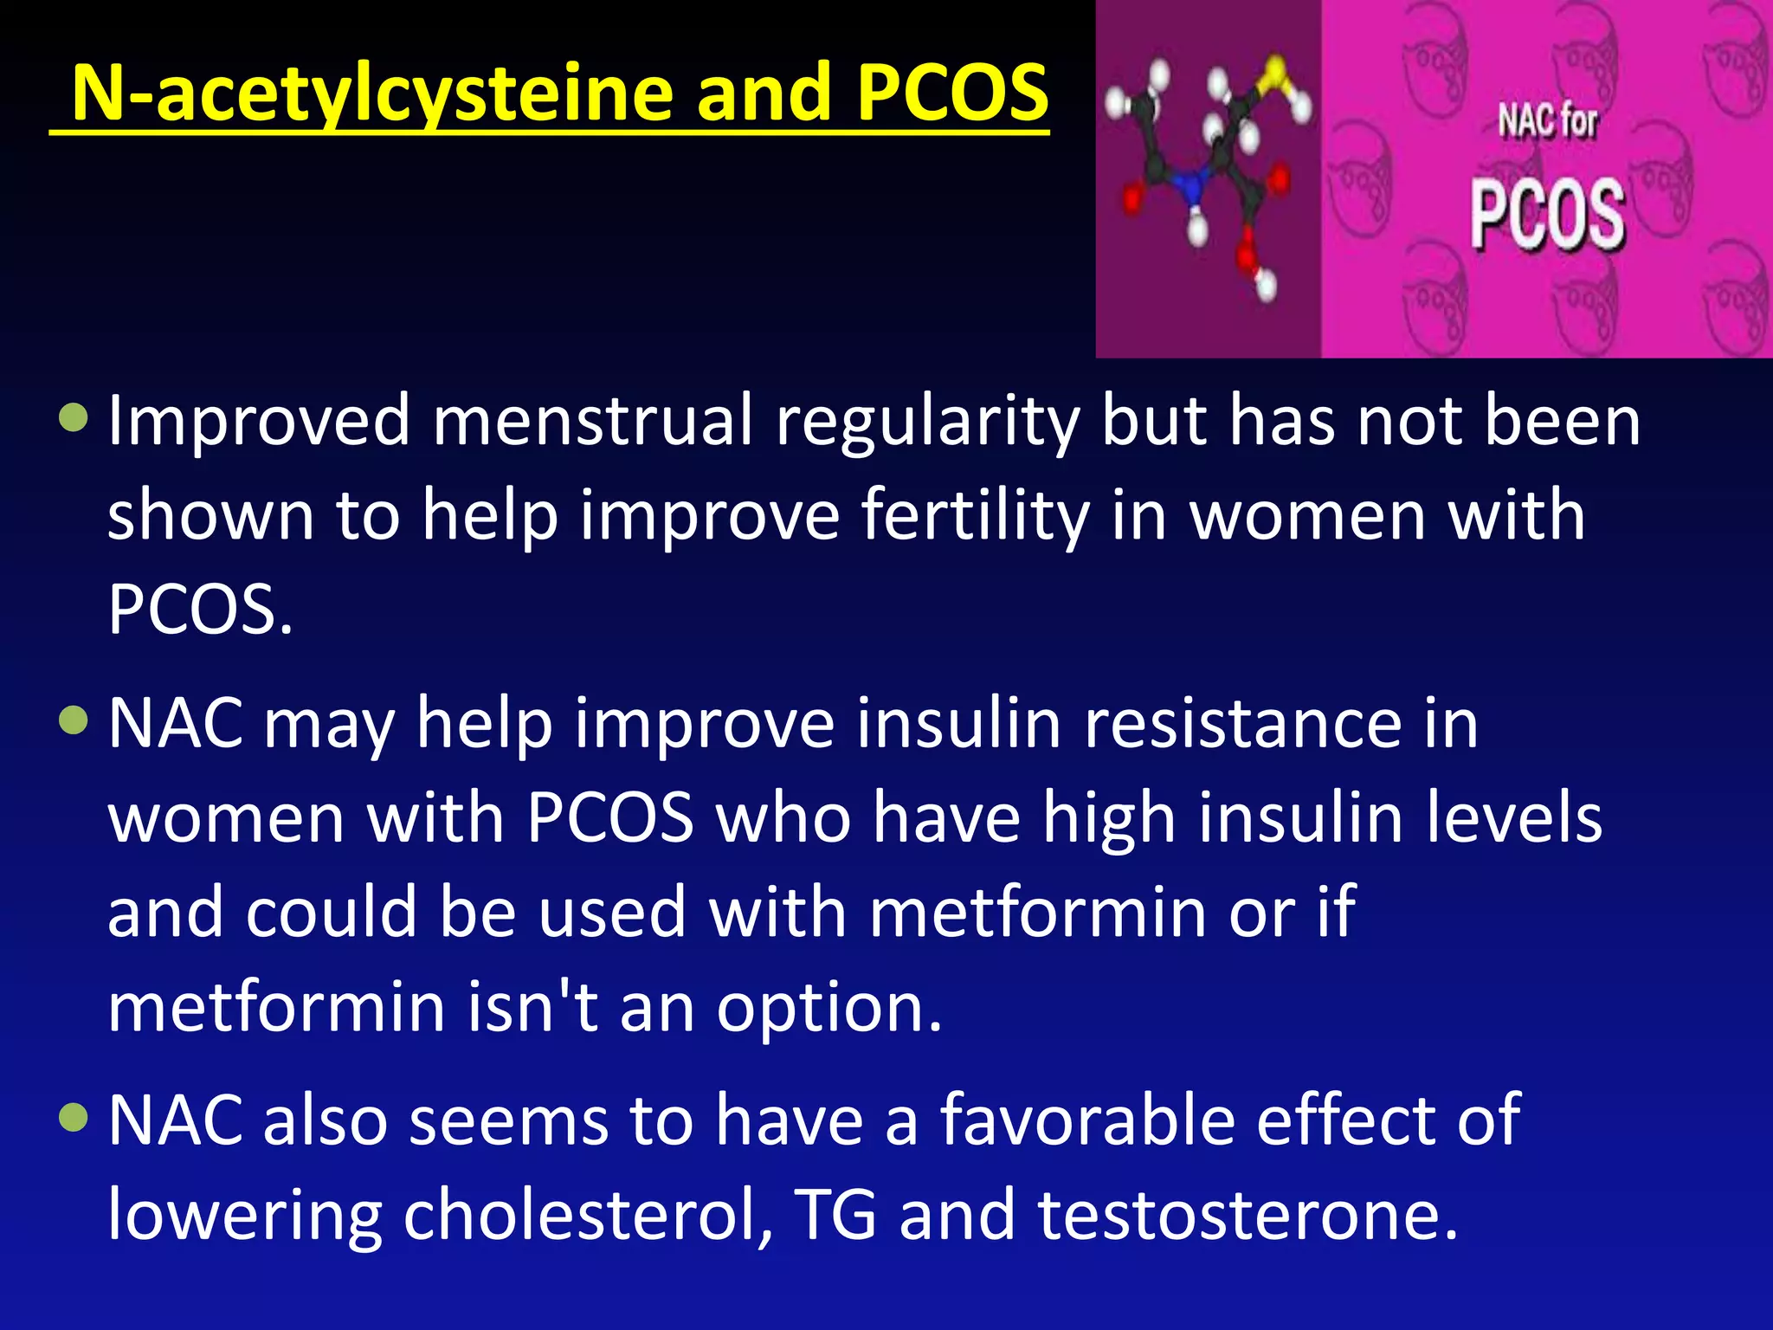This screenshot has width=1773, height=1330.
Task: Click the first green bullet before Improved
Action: [x=74, y=418]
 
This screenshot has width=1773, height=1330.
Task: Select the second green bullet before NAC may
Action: [x=74, y=720]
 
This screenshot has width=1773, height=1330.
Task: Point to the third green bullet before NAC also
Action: [x=74, y=1117]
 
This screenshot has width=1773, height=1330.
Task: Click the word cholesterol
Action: [x=588, y=1215]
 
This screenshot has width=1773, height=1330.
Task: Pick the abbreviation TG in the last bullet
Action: [x=835, y=1215]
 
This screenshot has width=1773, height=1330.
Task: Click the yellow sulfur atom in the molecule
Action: [x=1274, y=71]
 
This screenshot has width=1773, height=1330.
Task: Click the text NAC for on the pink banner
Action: [x=1547, y=120]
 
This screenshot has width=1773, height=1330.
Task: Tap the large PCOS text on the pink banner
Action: [x=1547, y=215]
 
